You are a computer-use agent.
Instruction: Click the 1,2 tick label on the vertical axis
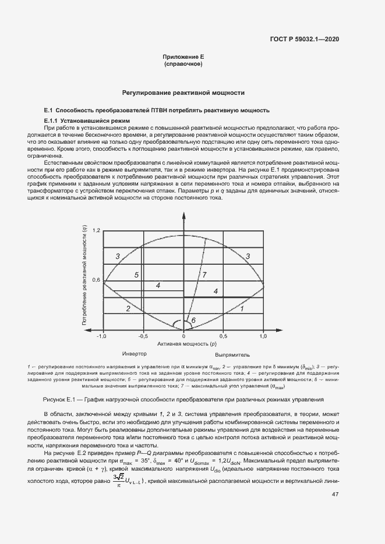(x=97, y=231)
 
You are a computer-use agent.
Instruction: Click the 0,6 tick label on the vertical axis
(x=97, y=280)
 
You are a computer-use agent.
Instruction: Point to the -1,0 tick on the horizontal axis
(x=102, y=336)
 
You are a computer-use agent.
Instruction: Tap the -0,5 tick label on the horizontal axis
(x=142, y=336)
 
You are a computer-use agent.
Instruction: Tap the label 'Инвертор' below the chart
(x=134, y=354)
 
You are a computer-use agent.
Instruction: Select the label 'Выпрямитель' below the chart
(x=232, y=354)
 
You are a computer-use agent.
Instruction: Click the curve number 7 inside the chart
(x=204, y=274)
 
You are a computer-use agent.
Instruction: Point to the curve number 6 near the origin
(x=193, y=320)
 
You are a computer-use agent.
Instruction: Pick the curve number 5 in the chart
(x=136, y=275)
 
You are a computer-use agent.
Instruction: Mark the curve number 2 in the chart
(x=128, y=308)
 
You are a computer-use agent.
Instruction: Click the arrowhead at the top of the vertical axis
(x=183, y=216)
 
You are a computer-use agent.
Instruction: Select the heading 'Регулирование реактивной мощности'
(x=183, y=93)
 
